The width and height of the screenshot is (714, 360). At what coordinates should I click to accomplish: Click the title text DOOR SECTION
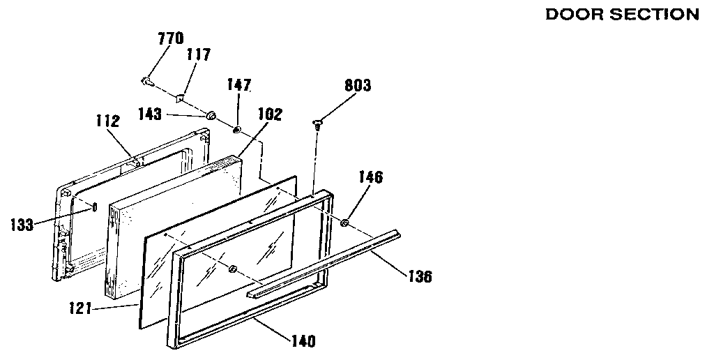tap(622, 15)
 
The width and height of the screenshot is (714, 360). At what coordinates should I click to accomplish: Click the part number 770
tap(171, 38)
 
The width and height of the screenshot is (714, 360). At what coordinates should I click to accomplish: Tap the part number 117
tap(199, 54)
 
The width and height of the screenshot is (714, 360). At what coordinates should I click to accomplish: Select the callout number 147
tap(239, 84)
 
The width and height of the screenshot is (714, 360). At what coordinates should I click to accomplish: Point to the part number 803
tap(358, 85)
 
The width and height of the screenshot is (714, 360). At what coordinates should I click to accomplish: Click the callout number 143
tap(150, 114)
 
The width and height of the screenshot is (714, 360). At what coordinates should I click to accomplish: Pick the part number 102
tap(270, 114)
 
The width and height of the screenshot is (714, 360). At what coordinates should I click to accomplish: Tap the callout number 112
tap(108, 121)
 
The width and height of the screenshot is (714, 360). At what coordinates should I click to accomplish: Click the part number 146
tap(371, 177)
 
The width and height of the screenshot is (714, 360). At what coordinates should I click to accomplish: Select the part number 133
tap(22, 225)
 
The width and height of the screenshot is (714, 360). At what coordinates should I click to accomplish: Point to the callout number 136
tap(419, 276)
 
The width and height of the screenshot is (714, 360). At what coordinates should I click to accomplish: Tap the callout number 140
tap(303, 341)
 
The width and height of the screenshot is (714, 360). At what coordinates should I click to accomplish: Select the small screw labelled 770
tap(146, 82)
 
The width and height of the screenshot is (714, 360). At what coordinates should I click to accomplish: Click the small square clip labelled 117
tap(181, 98)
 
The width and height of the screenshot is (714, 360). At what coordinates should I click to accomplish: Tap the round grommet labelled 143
tap(211, 116)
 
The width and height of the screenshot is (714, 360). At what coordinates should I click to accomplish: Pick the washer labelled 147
tap(236, 130)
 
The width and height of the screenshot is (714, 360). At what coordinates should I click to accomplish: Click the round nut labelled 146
tap(344, 223)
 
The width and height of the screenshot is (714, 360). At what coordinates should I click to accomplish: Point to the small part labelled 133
tap(95, 208)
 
